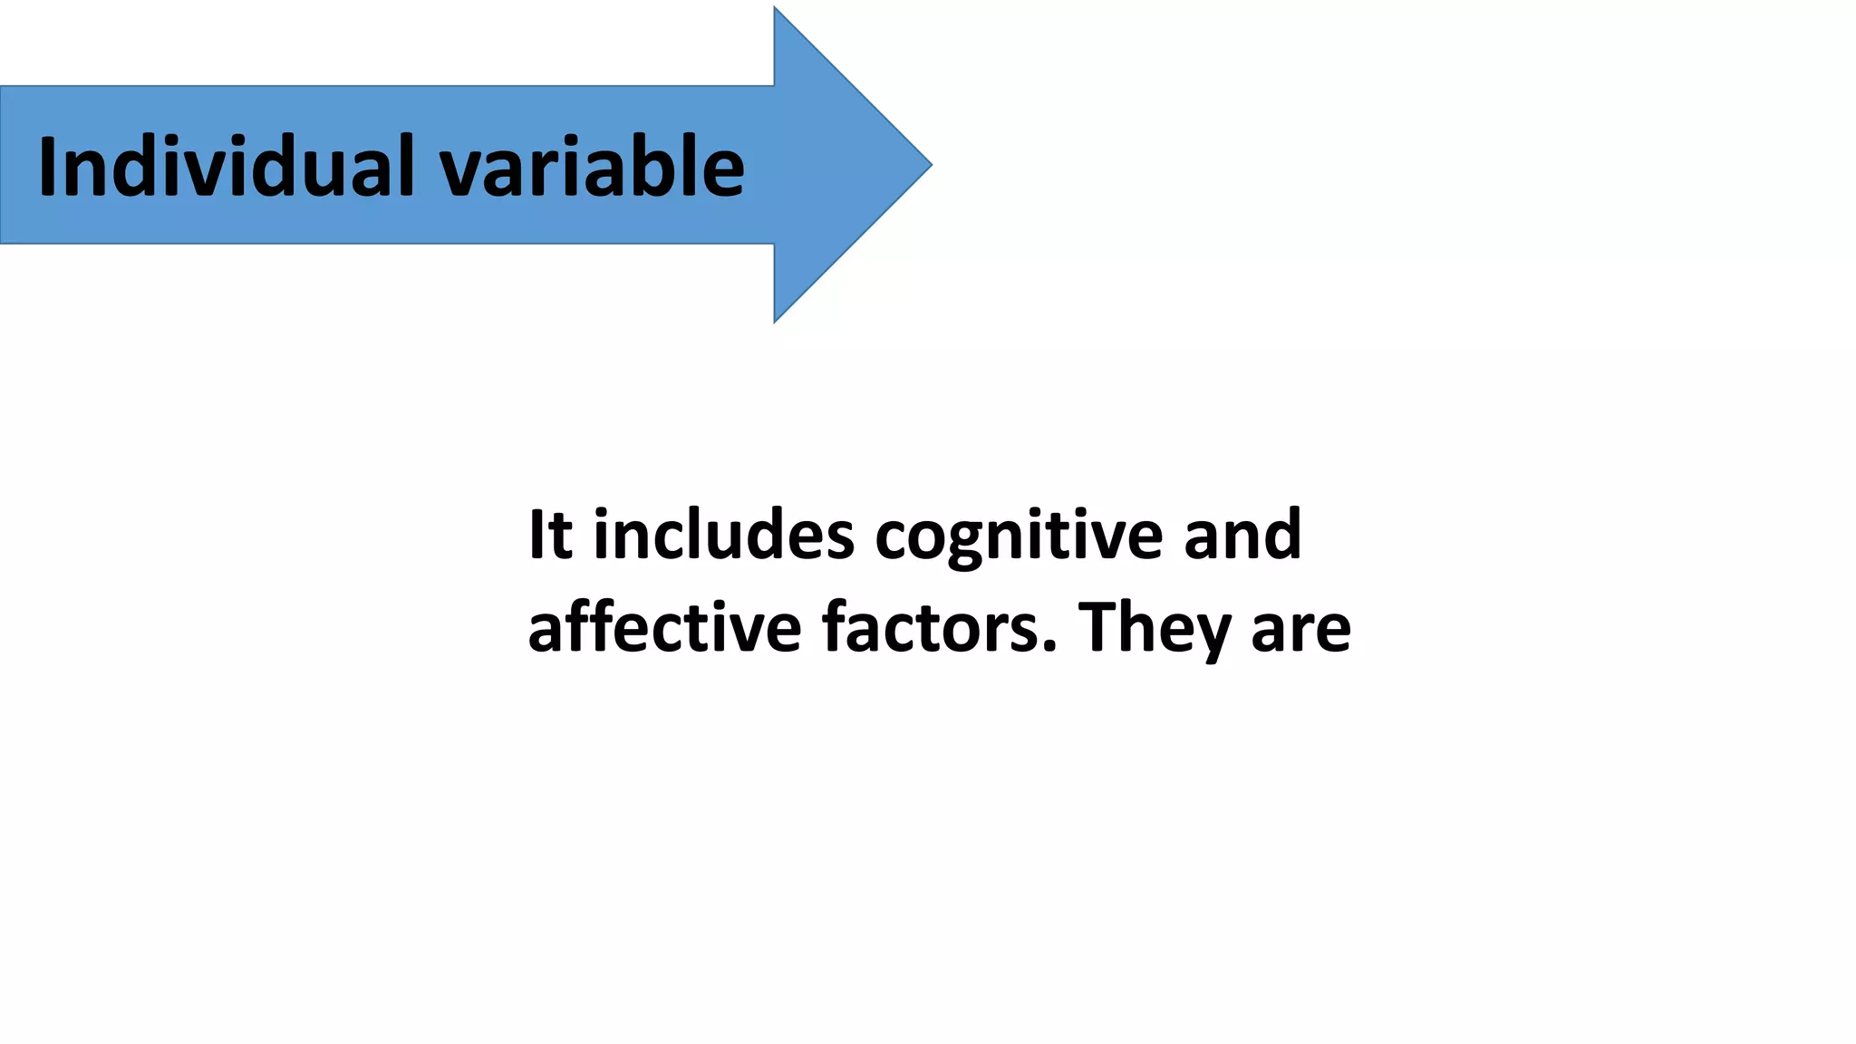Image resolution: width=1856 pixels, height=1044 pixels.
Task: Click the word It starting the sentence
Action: [x=550, y=535]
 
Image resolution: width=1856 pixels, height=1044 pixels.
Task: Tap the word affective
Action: [x=664, y=627]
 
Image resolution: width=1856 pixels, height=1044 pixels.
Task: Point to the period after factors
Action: [x=1049, y=646]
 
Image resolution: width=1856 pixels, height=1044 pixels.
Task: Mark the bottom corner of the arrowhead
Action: [x=776, y=320]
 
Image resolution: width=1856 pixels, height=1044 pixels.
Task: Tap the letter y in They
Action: [x=1211, y=636]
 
